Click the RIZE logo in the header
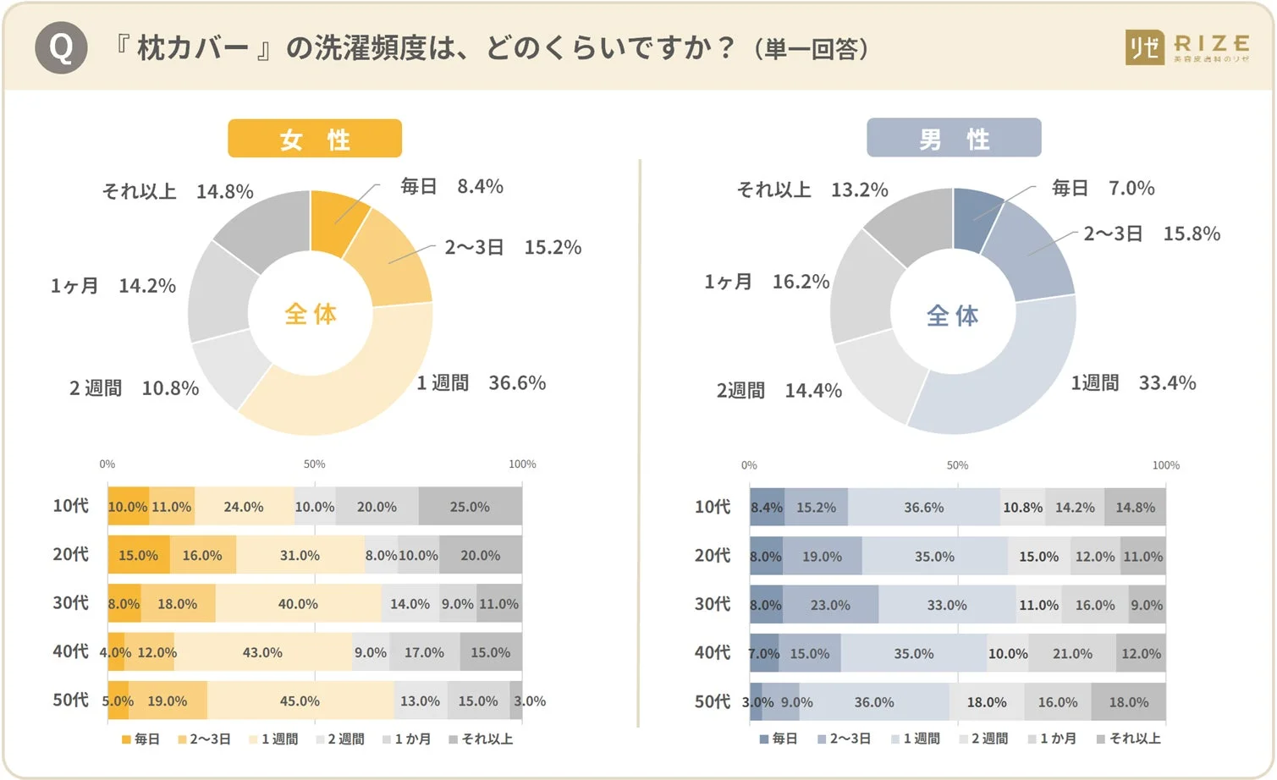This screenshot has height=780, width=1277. point(1187,47)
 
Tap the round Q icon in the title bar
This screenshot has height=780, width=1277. point(61,47)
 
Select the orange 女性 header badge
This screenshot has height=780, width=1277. point(315,139)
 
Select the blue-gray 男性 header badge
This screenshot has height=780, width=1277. point(954,138)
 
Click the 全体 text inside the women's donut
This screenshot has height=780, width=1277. point(311,314)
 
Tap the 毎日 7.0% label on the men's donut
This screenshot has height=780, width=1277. point(1102,188)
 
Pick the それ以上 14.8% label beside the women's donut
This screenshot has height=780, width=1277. point(178,191)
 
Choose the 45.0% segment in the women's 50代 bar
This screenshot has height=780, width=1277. point(300,701)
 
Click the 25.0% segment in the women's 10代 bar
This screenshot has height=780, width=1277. point(470,507)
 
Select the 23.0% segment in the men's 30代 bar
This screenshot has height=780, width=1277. point(830,605)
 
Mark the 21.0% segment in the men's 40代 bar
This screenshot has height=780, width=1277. point(1072,654)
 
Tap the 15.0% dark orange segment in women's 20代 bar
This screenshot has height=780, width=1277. point(138,555)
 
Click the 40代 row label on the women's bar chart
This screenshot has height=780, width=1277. point(70,651)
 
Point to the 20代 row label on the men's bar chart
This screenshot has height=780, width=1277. point(712,555)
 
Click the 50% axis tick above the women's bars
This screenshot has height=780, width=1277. point(314,464)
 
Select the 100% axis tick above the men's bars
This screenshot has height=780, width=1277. point(1165,465)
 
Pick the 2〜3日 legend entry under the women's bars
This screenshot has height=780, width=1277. point(204,739)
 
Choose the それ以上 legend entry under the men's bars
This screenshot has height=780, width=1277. point(1129,739)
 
